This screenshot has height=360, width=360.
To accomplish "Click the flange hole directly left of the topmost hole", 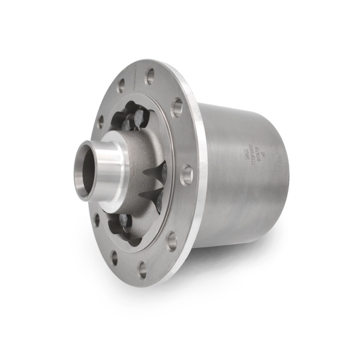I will click(x=121, y=85).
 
